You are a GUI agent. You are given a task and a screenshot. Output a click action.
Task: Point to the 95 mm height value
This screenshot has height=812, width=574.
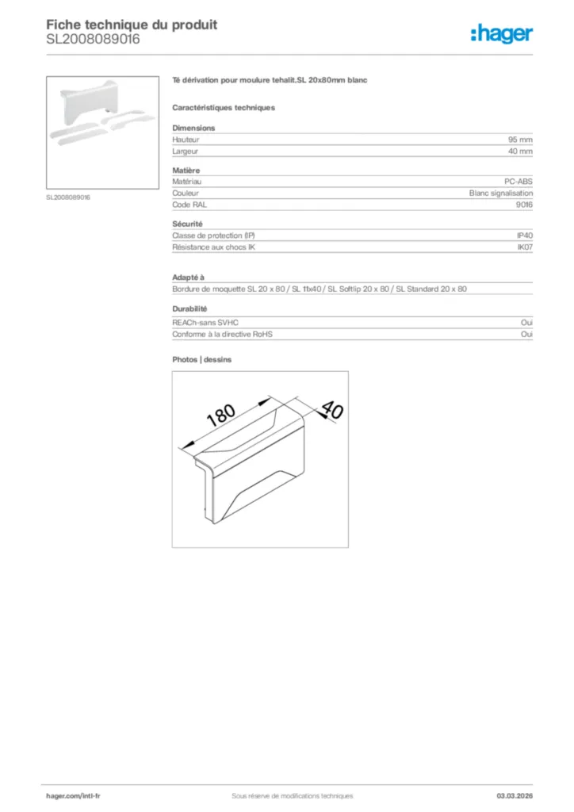(520, 140)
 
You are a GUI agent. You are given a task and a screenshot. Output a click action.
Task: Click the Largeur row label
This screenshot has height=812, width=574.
(186, 151)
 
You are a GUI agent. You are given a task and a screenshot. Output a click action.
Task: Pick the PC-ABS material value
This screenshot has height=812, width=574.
(519, 182)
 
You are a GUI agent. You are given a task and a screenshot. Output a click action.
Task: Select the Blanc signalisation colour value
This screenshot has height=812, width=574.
(501, 193)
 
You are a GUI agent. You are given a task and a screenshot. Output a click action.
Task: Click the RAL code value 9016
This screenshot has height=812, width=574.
(524, 204)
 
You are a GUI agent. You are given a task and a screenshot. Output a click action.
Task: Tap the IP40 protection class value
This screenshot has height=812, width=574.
(525, 236)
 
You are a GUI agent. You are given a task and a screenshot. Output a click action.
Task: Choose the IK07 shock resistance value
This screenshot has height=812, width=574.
(525, 247)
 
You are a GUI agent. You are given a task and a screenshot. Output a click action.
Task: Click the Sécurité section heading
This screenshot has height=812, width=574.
(187, 224)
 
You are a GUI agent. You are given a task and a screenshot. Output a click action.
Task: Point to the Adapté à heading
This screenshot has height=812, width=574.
(188, 278)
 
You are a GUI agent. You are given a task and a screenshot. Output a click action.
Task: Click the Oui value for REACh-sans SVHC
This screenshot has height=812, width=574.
(526, 324)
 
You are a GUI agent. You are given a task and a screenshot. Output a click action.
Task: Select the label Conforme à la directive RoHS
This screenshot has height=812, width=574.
(222, 335)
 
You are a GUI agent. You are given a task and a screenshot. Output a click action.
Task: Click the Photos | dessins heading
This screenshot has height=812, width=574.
(202, 359)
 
